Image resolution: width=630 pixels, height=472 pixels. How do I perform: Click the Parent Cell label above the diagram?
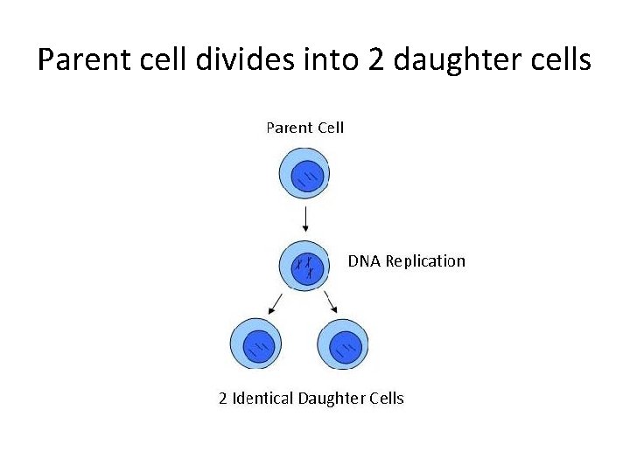tap(304, 128)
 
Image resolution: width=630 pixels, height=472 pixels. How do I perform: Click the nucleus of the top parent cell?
tap(306, 177)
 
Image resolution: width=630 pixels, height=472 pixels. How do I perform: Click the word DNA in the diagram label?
tap(364, 261)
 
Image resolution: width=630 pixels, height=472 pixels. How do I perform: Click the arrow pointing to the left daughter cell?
tap(276, 303)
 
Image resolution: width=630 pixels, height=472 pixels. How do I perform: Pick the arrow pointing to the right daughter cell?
tap(332, 303)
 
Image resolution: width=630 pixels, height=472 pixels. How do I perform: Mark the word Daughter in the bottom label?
tap(332, 399)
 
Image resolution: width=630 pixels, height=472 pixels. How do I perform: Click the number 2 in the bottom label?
tap(223, 399)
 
